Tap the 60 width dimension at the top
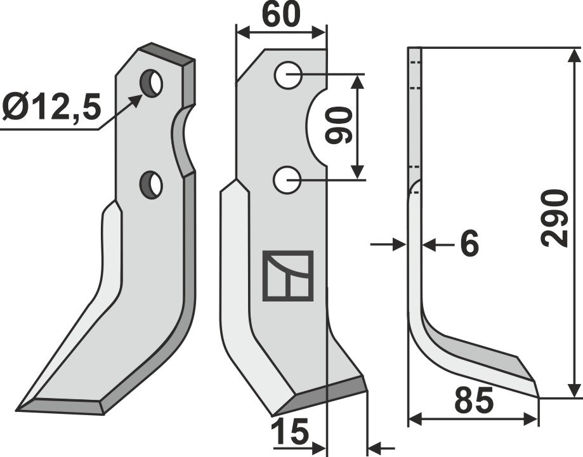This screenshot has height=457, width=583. click(280, 16)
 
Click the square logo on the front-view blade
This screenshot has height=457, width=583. click(288, 275)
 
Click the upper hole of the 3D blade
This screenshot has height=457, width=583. click(152, 84)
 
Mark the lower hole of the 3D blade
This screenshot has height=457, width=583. click(152, 184)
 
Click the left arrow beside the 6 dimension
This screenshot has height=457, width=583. click(397, 244)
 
